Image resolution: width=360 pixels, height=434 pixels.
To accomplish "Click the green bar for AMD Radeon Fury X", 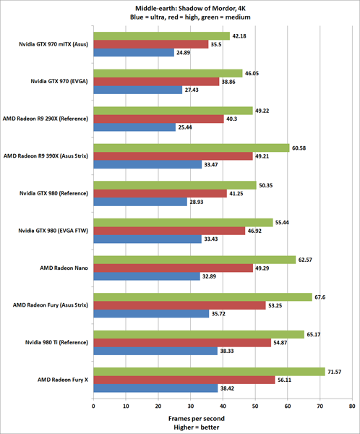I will coord(209,372).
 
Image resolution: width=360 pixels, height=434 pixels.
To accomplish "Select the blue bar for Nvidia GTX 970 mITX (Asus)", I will coord(134,53).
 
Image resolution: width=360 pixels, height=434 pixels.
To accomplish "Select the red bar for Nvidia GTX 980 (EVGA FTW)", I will coord(169,231).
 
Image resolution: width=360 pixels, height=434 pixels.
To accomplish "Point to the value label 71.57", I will coord(336,372).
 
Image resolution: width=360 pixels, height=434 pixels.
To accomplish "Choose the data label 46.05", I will coord(253,73).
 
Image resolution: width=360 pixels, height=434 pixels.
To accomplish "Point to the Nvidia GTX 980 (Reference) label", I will coord(54,194).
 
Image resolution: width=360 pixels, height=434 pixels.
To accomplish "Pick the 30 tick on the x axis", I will coord(190,406).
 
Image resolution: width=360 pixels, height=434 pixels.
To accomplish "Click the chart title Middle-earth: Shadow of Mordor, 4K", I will coord(179,8).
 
